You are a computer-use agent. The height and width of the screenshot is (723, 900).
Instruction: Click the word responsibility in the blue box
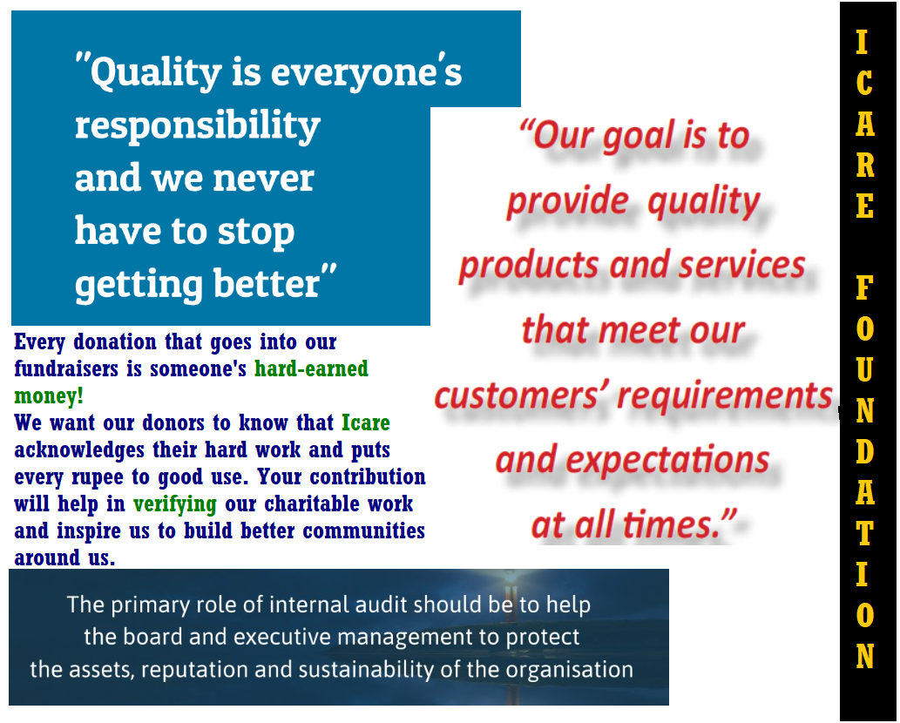(x=198, y=126)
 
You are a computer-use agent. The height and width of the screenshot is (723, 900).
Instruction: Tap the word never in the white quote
(x=263, y=179)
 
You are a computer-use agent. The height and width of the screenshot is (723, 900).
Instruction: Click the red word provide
(x=568, y=202)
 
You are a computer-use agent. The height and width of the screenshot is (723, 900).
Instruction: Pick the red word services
(x=741, y=266)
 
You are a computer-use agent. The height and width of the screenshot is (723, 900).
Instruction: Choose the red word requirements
(x=724, y=397)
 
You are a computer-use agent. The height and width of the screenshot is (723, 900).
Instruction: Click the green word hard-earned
(x=311, y=368)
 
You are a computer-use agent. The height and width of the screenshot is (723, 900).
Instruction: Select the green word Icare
(x=366, y=422)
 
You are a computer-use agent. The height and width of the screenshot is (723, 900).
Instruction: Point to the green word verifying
(x=175, y=504)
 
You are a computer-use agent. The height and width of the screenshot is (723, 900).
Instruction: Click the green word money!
(x=49, y=396)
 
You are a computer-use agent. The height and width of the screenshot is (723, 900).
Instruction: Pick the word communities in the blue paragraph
(x=364, y=530)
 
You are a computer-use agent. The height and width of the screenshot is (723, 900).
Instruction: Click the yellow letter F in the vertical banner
(x=864, y=287)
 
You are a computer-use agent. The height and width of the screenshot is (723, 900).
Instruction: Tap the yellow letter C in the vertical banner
(x=864, y=84)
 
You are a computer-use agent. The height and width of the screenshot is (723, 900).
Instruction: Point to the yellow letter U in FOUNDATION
(x=865, y=369)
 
